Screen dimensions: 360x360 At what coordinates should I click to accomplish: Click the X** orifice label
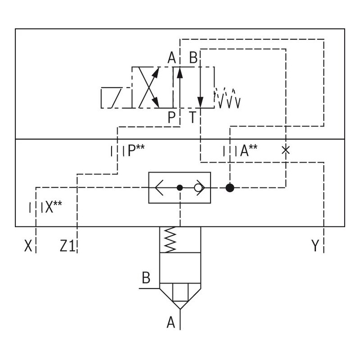tap(51, 207)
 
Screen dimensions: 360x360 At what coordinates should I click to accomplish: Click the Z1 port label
tap(67, 246)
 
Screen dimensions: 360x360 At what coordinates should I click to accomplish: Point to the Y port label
tap(315, 246)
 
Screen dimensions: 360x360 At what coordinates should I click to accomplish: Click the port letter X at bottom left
tap(28, 246)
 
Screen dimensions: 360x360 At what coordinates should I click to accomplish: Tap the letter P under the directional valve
tap(171, 118)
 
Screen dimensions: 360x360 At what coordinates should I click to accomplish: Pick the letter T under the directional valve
tap(193, 118)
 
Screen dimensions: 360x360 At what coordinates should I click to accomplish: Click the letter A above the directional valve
tap(171, 58)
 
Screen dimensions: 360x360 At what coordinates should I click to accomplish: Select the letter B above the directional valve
tap(193, 58)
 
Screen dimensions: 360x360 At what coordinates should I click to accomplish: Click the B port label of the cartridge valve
tap(146, 278)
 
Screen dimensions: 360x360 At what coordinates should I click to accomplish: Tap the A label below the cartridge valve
tap(171, 322)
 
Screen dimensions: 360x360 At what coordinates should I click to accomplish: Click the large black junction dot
tap(229, 188)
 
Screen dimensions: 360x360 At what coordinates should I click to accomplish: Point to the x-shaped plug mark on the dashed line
tap(285, 150)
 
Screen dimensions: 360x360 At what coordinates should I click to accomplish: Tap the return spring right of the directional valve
tap(228, 98)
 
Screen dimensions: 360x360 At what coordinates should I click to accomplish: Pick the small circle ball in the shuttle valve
tap(198, 188)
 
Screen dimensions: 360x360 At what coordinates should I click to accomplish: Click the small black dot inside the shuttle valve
tap(180, 188)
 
